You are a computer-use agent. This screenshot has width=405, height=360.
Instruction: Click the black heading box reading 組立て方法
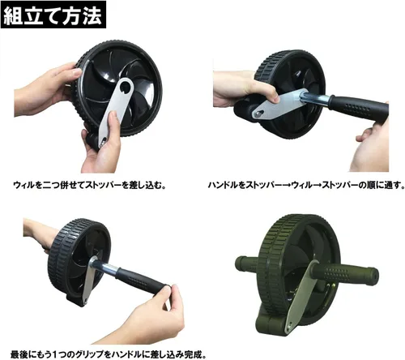[53, 15]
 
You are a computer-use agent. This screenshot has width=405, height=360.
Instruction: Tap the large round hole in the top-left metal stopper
[125, 87]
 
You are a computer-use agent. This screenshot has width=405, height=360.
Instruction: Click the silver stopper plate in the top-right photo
[281, 104]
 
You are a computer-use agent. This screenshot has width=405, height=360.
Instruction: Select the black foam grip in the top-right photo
[358, 108]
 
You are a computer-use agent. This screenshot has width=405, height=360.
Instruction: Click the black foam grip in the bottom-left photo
[143, 281]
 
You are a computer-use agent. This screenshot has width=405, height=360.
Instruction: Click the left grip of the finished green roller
[247, 264]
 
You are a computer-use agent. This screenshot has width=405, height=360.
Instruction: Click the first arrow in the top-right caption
[286, 186]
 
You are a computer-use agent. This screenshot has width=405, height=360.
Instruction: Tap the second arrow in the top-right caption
[317, 186]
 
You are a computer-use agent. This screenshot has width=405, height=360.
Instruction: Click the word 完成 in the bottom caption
[194, 354]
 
